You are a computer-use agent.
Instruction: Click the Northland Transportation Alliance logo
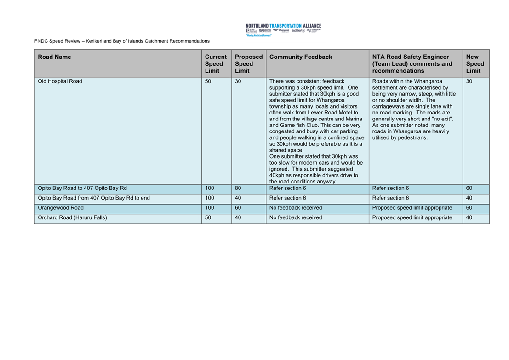point(283,29)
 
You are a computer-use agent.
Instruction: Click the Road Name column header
point(54,57)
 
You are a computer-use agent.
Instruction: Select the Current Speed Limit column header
point(216,64)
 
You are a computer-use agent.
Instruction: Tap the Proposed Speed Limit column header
point(248,64)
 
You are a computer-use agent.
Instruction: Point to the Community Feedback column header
point(300,57)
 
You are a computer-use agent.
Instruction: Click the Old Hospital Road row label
point(60,81)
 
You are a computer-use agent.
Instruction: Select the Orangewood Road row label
point(61,208)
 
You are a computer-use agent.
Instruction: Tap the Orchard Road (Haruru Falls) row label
point(72,217)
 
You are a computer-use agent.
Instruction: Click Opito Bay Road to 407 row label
point(82,188)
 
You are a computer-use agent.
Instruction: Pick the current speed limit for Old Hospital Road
point(208,81)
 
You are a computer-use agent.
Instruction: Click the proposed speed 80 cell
point(238,188)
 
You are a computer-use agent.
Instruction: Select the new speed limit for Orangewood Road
point(469,208)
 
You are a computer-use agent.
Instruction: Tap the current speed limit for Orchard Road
point(208,217)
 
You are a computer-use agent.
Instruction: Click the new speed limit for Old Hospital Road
point(469,81)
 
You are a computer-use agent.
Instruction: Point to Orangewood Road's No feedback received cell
point(296,208)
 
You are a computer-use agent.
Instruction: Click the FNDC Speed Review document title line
point(122,41)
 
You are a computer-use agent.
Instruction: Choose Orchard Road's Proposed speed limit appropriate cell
point(412,217)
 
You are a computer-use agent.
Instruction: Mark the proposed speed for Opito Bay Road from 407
point(238,198)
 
